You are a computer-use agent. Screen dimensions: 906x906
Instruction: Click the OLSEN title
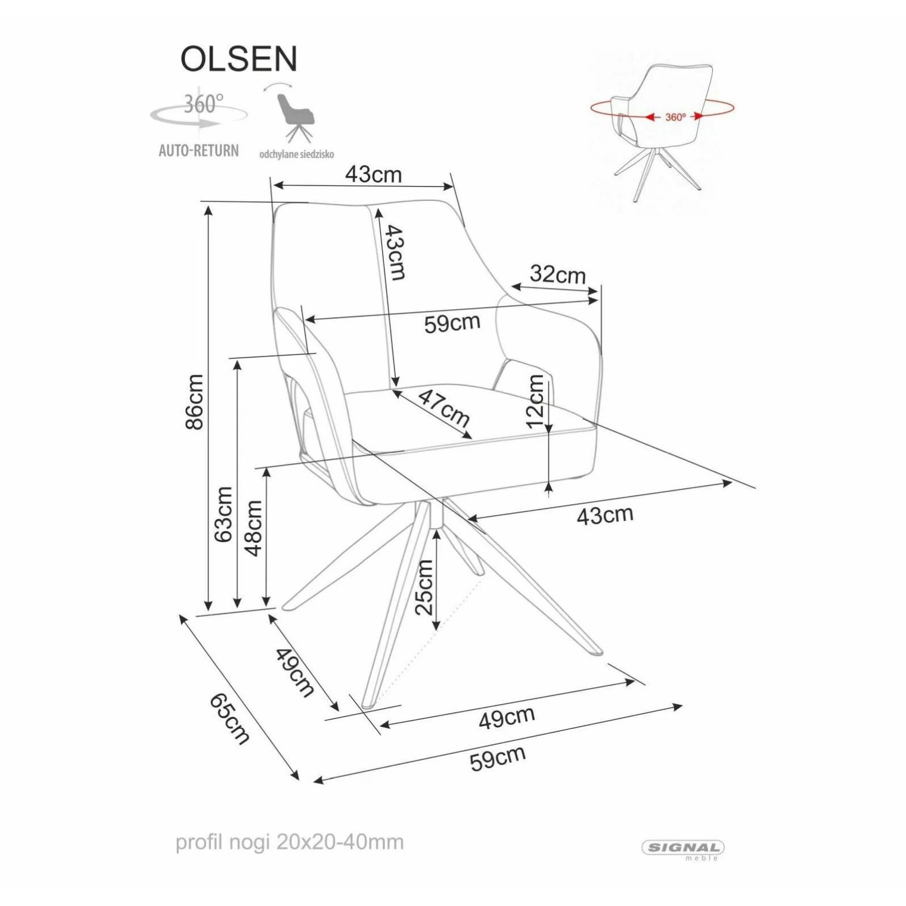pyautogui.click(x=238, y=59)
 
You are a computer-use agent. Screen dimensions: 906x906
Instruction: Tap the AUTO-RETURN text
pyautogui.click(x=198, y=150)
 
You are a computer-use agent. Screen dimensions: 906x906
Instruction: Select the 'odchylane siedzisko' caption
pyautogui.click(x=296, y=154)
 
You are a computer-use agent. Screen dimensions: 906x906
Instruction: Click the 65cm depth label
pyautogui.click(x=229, y=719)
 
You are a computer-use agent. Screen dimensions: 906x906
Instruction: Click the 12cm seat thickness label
pyautogui.click(x=536, y=401)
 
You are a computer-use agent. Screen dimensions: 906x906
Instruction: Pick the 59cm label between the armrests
pyautogui.click(x=452, y=323)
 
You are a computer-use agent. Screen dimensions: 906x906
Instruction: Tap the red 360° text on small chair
pyautogui.click(x=675, y=117)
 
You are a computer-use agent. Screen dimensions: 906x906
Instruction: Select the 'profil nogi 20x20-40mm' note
pyautogui.click(x=290, y=842)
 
